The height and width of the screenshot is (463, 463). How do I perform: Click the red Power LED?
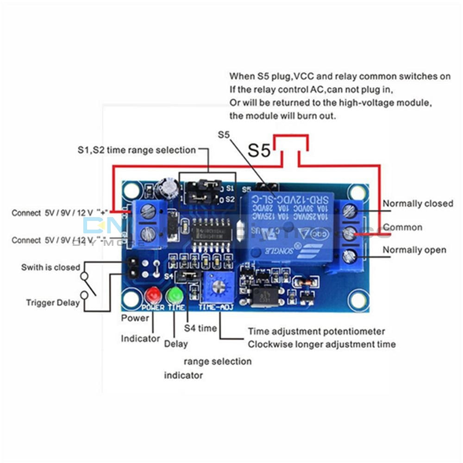pos(152,294)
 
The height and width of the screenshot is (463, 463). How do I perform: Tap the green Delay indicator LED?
pos(175,295)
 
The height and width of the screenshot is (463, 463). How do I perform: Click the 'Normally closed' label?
pos(418,204)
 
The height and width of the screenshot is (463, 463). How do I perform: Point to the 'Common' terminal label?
pos(402,227)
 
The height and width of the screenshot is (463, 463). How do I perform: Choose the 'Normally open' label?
pos(414,250)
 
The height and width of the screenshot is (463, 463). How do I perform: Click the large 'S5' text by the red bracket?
pos(259,150)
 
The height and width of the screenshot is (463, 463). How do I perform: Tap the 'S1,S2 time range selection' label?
pos(136,150)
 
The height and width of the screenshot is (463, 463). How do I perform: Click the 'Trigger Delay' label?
pos(52,303)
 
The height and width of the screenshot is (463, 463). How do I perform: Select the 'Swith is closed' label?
pos(50,268)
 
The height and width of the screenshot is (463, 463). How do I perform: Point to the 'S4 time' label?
pos(200,328)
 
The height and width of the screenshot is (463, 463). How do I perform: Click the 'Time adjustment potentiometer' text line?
pos(316,332)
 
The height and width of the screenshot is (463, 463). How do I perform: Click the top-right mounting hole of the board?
pos(358,191)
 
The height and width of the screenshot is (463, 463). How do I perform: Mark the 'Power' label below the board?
pos(135,318)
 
